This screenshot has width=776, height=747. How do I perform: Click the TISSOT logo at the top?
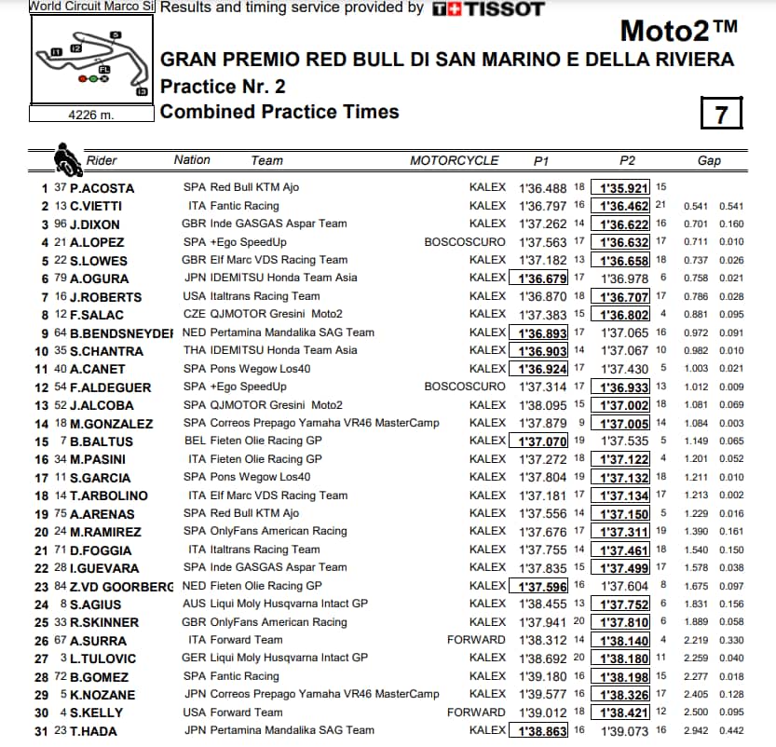[489, 8]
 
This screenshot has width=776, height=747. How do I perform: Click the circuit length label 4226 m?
[90, 115]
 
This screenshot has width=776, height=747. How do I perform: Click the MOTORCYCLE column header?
[455, 160]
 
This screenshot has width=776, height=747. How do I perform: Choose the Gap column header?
[709, 160]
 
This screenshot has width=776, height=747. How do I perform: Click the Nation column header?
[192, 160]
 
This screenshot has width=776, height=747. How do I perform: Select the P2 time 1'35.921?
[623, 187]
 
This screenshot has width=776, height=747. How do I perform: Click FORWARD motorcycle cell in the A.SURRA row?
[476, 640]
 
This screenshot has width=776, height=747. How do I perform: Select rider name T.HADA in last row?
[93, 731]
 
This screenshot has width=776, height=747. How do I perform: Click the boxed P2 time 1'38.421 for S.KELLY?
[623, 713]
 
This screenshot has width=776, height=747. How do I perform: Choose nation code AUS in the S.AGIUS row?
[195, 604]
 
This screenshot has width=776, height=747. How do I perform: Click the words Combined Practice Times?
[279, 112]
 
